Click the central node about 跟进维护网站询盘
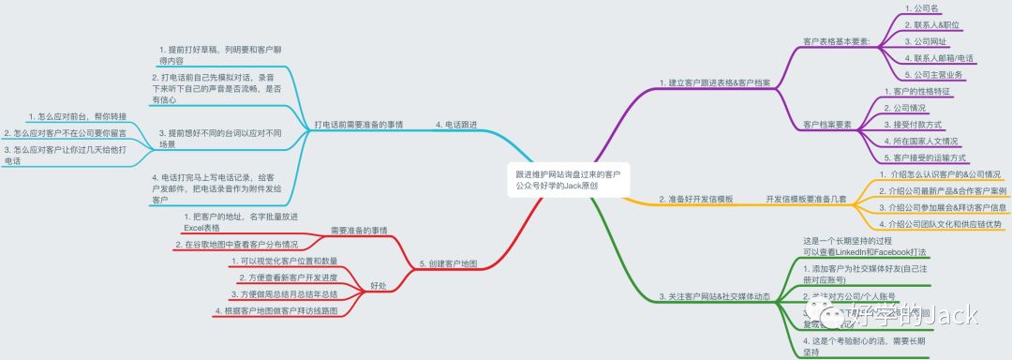point(570,180)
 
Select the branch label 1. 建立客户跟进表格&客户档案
point(715,83)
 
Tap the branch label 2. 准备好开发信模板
point(695,200)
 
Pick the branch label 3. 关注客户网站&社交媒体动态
point(715,297)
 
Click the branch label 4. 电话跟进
point(456,124)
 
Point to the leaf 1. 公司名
point(924,7)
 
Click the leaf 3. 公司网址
point(926,41)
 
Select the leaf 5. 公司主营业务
point(933,75)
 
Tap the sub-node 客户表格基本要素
point(837,41)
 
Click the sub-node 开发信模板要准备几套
point(806,200)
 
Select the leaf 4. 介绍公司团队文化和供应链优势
point(940,224)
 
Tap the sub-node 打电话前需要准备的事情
point(359,124)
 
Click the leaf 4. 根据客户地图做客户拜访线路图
point(276,310)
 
